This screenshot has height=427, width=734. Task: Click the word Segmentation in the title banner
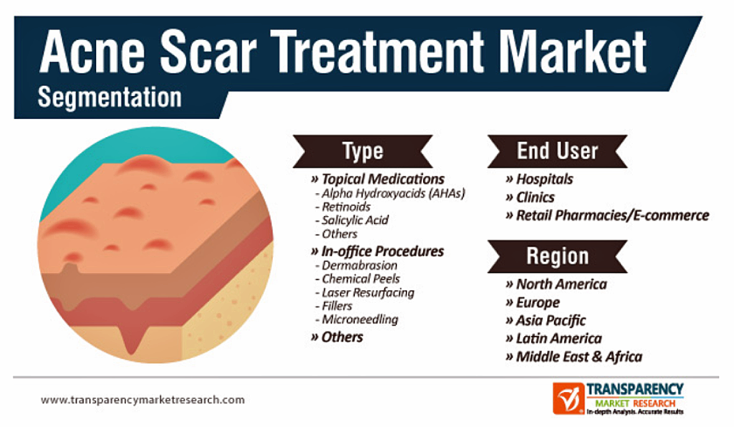click(110, 97)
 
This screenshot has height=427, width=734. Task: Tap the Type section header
click(363, 151)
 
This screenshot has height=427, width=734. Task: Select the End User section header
click(557, 151)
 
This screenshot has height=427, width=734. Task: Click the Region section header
click(557, 256)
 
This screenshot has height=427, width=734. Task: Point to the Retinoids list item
click(345, 207)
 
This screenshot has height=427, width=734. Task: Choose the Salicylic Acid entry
click(355, 220)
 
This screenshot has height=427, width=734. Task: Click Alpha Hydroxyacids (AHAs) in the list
click(394, 193)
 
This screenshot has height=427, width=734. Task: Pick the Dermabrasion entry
click(359, 266)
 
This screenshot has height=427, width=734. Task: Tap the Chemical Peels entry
click(361, 279)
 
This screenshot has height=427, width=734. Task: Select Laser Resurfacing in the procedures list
click(368, 293)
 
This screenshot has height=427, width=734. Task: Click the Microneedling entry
click(360, 319)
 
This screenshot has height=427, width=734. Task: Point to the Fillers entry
click(337, 306)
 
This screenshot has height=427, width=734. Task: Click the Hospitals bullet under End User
click(539, 179)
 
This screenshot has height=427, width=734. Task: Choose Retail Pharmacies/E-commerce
click(607, 215)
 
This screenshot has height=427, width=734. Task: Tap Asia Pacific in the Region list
click(545, 321)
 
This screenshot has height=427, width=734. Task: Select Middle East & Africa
click(574, 357)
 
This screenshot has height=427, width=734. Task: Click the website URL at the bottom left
click(143, 400)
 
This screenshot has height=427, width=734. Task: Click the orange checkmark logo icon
click(568, 398)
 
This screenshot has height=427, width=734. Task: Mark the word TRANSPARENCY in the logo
click(635, 390)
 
